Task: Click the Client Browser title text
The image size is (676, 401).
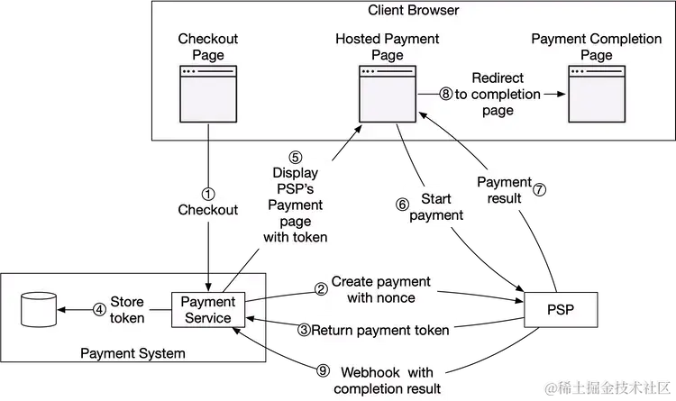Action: point(414,11)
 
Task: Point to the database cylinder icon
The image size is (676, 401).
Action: point(35,309)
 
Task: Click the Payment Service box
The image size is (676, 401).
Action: point(207,309)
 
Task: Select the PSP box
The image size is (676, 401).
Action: point(560,312)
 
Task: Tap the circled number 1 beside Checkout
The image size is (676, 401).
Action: point(208,194)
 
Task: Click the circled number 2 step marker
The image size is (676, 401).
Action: point(320,289)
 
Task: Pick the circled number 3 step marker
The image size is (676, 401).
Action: point(305,330)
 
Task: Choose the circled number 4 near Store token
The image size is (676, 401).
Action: point(99,309)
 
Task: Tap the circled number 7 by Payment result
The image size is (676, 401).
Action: point(541,190)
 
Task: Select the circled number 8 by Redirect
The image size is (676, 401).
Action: point(445,94)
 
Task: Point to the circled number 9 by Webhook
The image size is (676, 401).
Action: point(324,370)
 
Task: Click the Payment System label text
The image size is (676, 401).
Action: point(133,353)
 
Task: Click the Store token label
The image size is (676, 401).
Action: point(127,309)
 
